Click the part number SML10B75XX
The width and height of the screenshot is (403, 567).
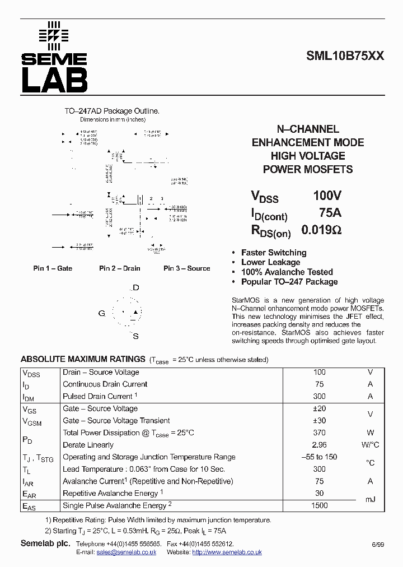click(x=345, y=56)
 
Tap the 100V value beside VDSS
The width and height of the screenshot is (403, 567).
click(x=327, y=196)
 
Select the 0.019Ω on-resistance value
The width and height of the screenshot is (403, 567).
click(x=321, y=230)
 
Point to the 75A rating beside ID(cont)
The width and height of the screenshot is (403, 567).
click(x=330, y=213)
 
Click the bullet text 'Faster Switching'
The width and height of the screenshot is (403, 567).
click(x=274, y=253)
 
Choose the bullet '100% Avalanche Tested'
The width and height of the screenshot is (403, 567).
click(x=287, y=272)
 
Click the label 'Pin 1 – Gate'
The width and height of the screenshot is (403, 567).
click(x=53, y=268)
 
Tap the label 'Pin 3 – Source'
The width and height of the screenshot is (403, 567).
click(x=186, y=268)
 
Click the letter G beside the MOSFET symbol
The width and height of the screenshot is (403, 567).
click(x=101, y=313)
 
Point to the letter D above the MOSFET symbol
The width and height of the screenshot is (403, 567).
click(x=135, y=288)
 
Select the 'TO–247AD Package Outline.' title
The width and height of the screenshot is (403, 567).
click(x=112, y=111)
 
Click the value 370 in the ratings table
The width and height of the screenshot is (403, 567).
click(x=319, y=433)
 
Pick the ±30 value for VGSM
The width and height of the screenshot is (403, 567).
click(x=319, y=421)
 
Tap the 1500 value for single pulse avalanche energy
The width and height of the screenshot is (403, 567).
click(x=319, y=505)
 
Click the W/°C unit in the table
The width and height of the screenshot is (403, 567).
click(x=370, y=445)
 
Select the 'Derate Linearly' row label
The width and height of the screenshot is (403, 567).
click(x=88, y=445)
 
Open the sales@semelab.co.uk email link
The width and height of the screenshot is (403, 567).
click(x=126, y=552)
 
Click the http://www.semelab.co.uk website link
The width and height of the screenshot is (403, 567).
click(x=227, y=552)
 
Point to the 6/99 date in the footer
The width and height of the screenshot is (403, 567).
click(x=377, y=545)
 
